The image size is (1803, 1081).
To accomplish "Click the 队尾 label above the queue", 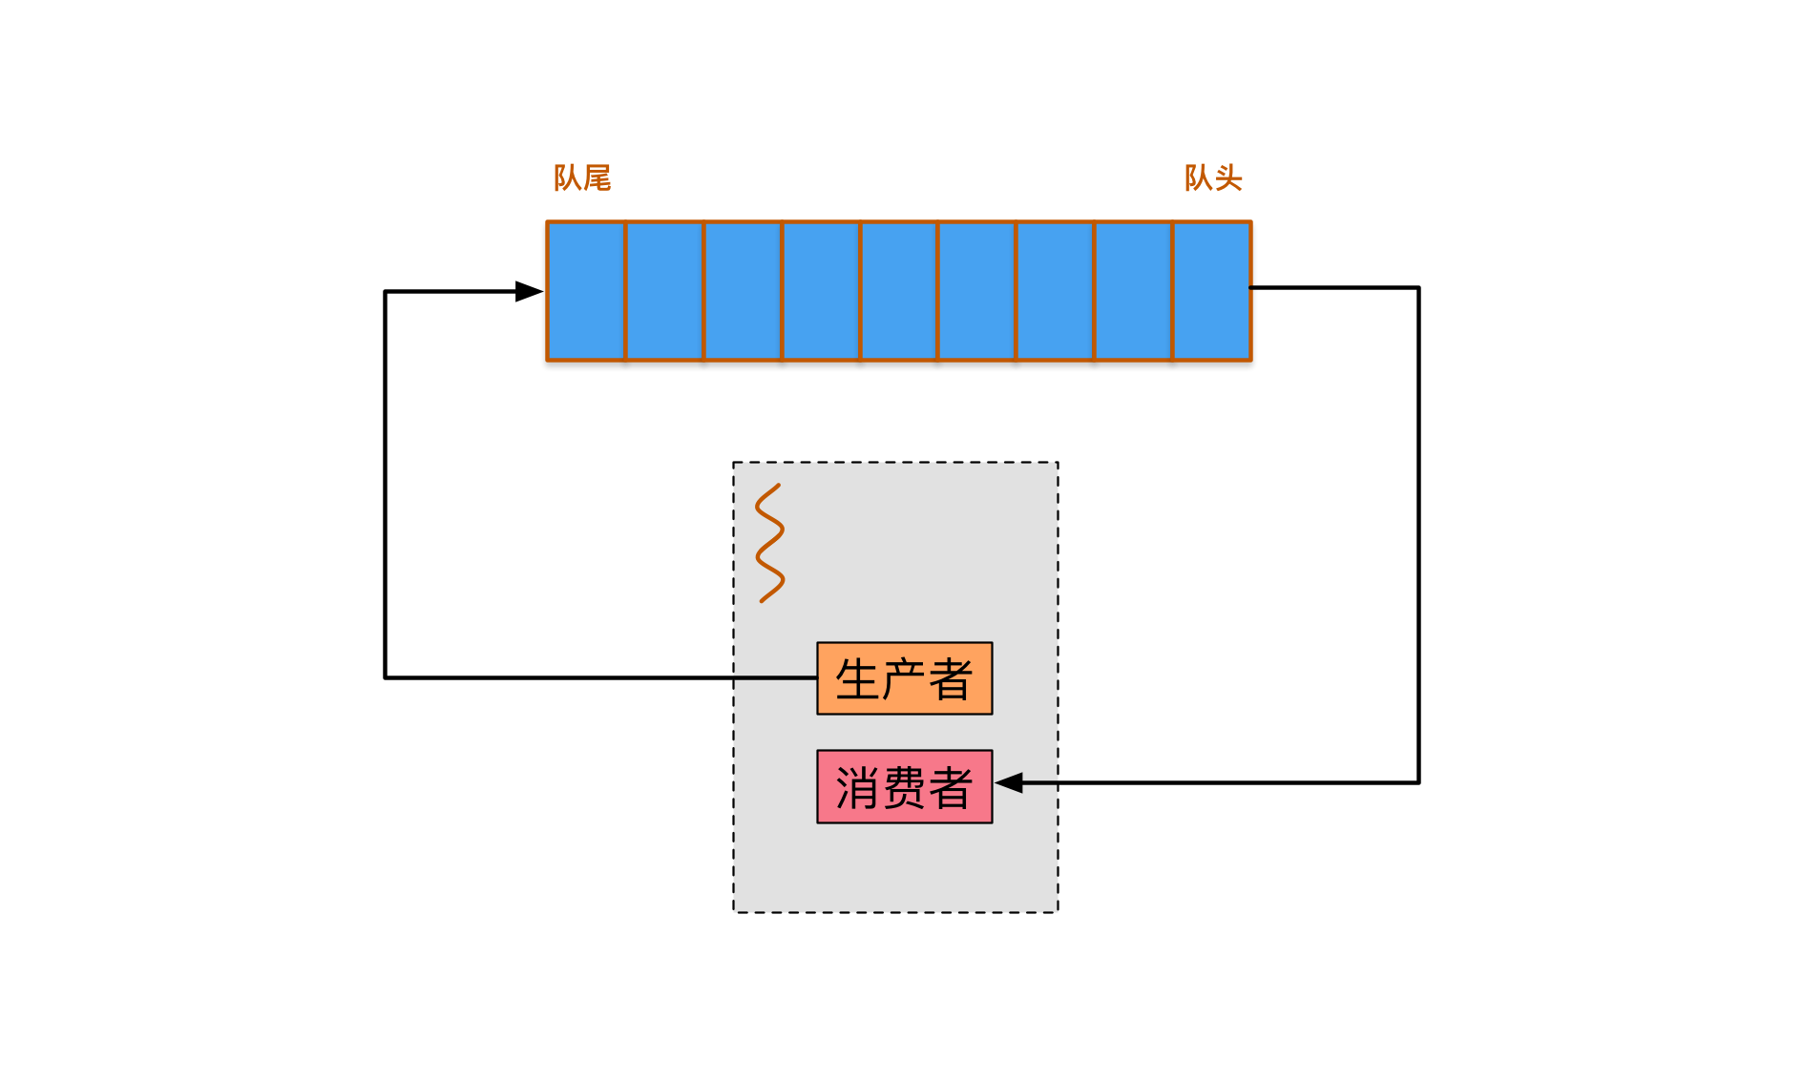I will coord(581,177).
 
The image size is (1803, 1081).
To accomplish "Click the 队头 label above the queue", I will coord(1212,177).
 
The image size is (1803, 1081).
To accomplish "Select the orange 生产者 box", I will coord(904,678).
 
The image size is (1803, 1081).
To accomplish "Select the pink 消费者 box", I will coord(904,787).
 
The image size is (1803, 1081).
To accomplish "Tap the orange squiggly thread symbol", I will coord(769,544).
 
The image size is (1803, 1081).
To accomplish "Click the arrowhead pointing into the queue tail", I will coord(529,291).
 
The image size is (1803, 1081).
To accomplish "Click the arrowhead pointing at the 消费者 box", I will coord(1010,783).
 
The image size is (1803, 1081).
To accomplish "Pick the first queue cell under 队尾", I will coord(586,291).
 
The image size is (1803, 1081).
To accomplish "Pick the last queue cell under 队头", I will coord(1211,291).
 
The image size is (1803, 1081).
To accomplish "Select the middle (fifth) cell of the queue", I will coord(898,291).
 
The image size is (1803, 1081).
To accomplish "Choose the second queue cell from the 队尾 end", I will coord(664,291).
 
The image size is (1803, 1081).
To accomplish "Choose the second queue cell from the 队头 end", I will coord(1133,291).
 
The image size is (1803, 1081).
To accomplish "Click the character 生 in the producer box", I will coord(857,679).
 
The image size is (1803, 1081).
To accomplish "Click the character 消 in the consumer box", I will coord(857,788).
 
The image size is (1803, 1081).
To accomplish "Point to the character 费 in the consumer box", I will coord(904,788).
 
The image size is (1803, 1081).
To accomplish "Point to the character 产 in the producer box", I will coord(904,679).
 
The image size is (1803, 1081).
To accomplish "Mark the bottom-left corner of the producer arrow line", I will coord(386,677).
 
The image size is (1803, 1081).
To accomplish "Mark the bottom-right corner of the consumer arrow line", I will coord(1418,782).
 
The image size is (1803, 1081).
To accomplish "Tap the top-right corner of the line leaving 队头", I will coord(1418,287).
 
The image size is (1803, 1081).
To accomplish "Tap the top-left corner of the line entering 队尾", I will coord(386,291).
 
